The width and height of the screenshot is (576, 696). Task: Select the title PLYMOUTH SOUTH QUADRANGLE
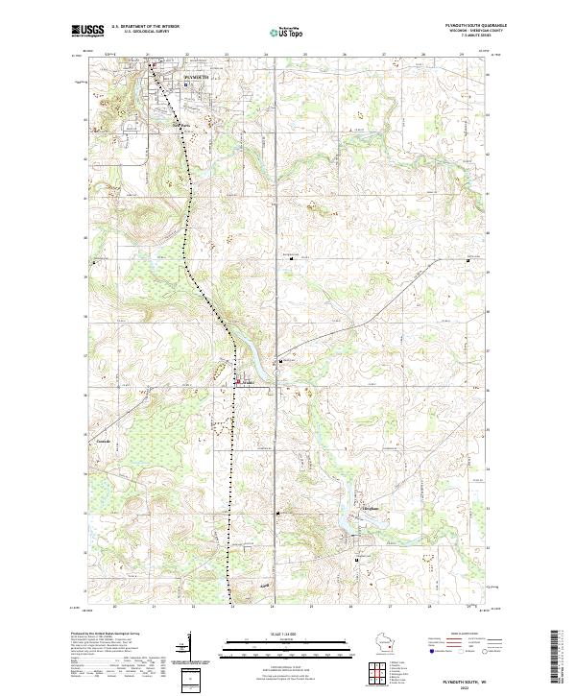468,24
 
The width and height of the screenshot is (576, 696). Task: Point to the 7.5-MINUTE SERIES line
468,37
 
